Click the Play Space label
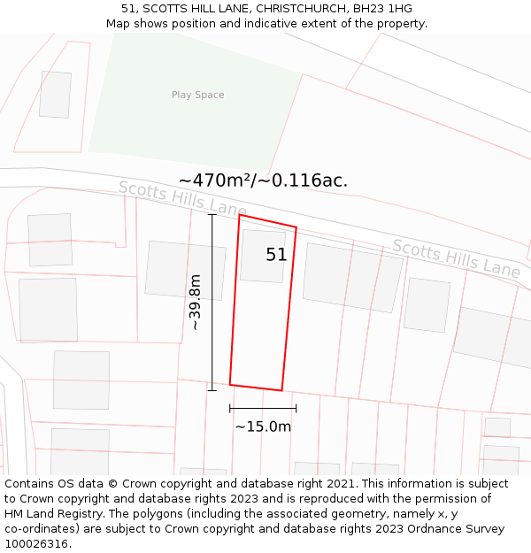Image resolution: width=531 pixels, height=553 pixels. tap(197, 95)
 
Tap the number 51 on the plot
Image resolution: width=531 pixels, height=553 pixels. tap(276, 255)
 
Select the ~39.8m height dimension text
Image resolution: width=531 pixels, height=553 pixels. tap(195, 303)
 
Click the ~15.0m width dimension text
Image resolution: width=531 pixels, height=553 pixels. tap(263, 426)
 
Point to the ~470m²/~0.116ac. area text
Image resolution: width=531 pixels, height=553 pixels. tap(263, 180)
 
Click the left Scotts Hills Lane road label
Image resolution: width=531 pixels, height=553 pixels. tap(182, 198)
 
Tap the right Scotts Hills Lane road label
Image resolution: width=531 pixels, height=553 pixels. tap(456, 257)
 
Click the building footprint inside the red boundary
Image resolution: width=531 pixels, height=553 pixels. tap(263, 256)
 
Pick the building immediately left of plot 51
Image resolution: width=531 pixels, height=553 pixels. tap(185, 270)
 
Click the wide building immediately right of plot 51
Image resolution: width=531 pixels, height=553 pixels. tap(352, 277)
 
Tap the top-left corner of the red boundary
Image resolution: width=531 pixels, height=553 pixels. tap(240, 215)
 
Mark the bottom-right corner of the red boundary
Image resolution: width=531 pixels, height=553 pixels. tap(281, 390)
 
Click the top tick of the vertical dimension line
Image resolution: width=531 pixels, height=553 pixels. tap(212, 215)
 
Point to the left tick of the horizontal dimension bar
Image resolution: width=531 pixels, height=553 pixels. tap(230, 408)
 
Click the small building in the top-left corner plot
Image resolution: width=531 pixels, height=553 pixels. tap(55, 95)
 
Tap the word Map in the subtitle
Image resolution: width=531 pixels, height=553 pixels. tap(119, 24)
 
